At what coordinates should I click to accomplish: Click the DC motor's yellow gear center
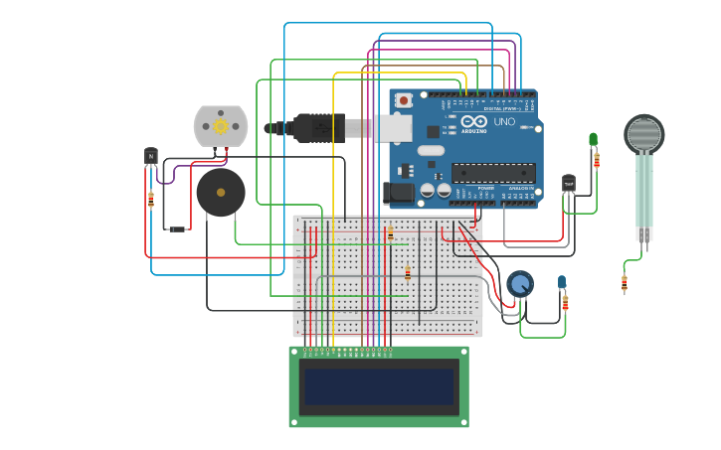tap(221, 126)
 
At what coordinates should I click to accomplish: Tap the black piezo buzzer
tap(220, 192)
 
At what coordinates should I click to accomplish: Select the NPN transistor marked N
tap(151, 156)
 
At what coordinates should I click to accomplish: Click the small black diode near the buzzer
tap(177, 229)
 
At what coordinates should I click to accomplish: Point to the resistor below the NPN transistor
tap(151, 200)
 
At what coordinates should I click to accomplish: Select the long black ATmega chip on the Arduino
tap(493, 173)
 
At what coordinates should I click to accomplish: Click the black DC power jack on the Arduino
tap(398, 193)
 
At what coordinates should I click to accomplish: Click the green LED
tap(593, 139)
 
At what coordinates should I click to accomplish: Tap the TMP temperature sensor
tap(568, 184)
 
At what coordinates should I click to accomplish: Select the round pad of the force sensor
tap(644, 134)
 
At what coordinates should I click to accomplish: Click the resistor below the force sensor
tap(625, 284)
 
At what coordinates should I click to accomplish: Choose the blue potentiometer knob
tap(520, 284)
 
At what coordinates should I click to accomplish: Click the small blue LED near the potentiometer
tap(562, 282)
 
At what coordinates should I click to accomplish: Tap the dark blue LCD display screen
tap(379, 386)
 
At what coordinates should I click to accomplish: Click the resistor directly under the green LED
tap(597, 160)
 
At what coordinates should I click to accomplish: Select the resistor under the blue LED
tap(565, 303)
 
